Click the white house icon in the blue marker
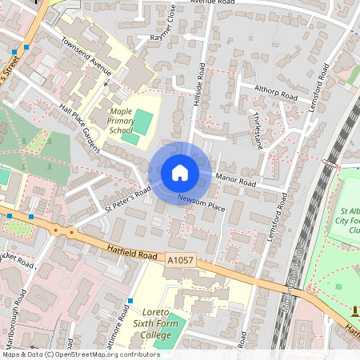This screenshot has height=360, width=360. click(180, 173)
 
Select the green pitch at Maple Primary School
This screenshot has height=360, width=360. click(142, 122)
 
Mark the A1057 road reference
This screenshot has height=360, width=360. click(182, 260)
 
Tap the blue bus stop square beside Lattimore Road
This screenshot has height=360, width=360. click(129, 301)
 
